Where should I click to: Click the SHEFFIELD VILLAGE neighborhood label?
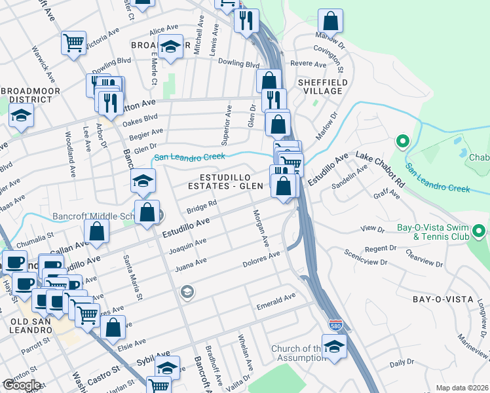tap(320, 86)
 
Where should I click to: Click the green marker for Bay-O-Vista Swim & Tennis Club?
tap(478, 231)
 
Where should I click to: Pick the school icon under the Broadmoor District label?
tap(21, 116)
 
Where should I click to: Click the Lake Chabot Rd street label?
tap(380, 164)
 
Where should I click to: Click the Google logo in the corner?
tap(22, 385)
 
